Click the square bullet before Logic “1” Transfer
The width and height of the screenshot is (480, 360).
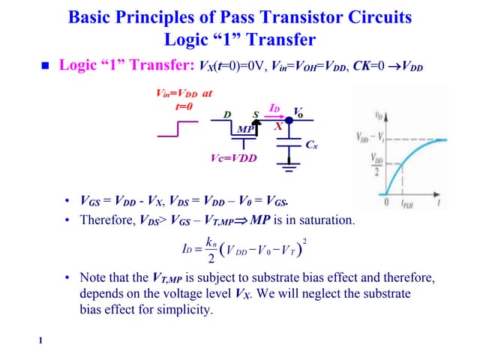click(x=44, y=66)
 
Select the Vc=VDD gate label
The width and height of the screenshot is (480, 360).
click(x=233, y=158)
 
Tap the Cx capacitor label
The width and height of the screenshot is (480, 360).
click(x=312, y=145)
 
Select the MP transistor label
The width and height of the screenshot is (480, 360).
click(x=244, y=129)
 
